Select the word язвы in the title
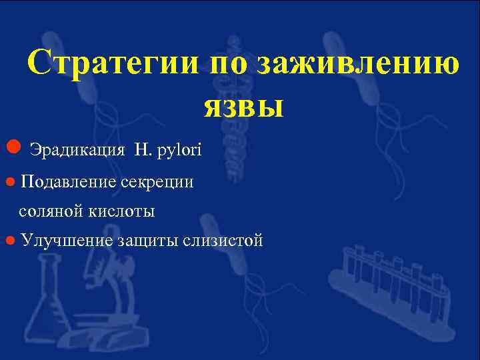[243, 105]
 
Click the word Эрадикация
[77, 149]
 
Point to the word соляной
[51, 211]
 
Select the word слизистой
[223, 240]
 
